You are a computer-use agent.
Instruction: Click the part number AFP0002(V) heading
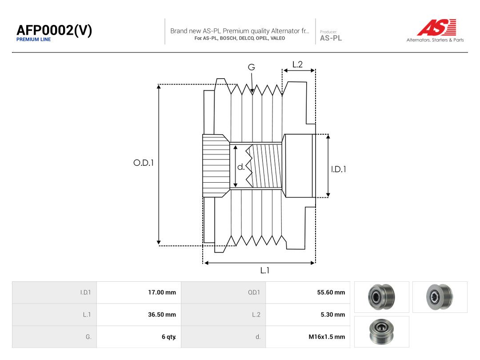(x=54, y=30)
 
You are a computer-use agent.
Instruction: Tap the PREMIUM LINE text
(x=34, y=40)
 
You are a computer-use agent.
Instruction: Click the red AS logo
(x=436, y=27)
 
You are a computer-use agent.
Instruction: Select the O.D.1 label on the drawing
(x=143, y=163)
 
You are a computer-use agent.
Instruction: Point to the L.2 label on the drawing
(x=297, y=64)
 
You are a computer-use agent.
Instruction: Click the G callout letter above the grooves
(x=251, y=67)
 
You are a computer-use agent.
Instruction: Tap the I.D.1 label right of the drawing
(x=339, y=169)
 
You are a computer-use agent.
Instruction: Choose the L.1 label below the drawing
(x=265, y=270)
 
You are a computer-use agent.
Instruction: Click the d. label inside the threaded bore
(x=241, y=167)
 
